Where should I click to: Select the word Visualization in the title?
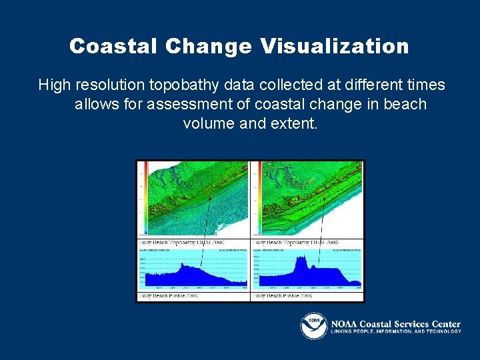(x=335, y=46)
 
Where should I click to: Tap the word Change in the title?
(x=209, y=46)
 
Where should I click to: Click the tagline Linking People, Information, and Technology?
(x=396, y=331)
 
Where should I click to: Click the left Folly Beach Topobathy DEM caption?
(x=181, y=242)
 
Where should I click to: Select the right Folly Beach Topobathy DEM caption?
(x=295, y=242)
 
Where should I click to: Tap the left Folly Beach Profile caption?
(x=170, y=295)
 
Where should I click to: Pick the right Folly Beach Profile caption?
(x=283, y=295)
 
